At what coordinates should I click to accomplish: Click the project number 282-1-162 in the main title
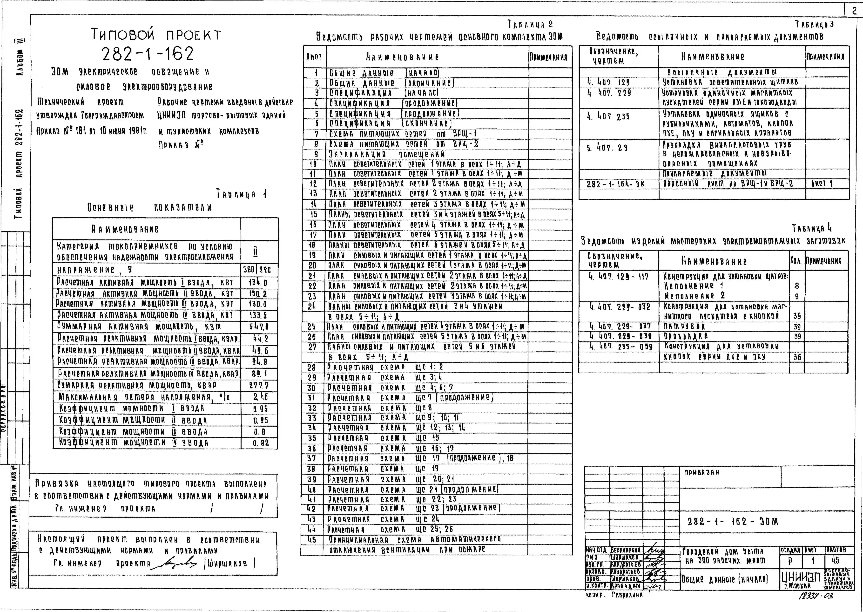click(x=148, y=54)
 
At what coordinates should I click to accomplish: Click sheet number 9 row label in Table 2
click(x=316, y=154)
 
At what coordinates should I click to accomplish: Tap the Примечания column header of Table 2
click(x=548, y=57)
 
